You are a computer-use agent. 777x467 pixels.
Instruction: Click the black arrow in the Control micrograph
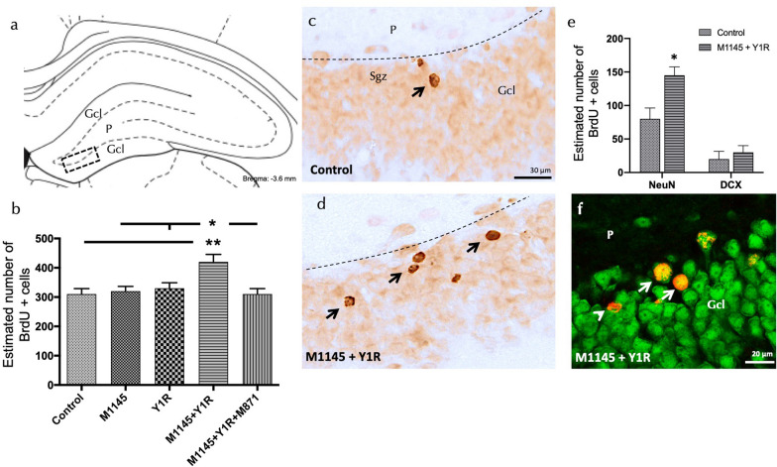click(x=421, y=91)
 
